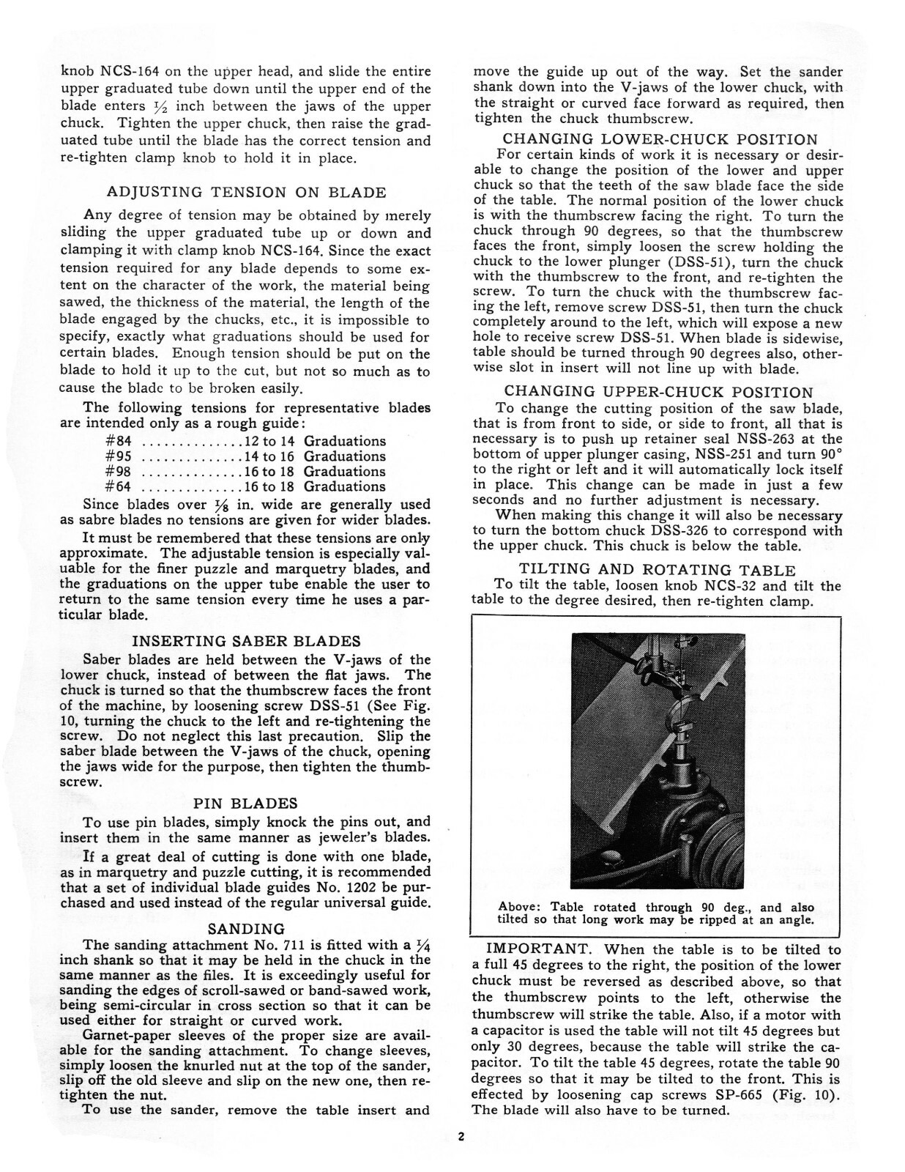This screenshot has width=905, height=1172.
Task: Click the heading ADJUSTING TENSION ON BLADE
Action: (x=246, y=193)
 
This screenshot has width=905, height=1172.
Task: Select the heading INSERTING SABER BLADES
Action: (x=246, y=642)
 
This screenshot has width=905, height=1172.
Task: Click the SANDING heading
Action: (x=246, y=929)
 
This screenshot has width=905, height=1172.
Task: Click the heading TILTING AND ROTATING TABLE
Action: (x=657, y=569)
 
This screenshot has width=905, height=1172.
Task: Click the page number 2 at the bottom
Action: (x=461, y=1138)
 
